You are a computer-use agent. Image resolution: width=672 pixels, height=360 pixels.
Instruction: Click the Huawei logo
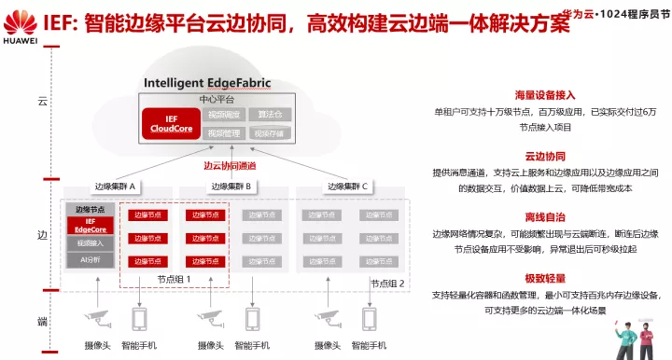click(x=21, y=21)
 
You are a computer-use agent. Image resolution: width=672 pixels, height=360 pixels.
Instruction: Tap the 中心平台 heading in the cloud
click(x=216, y=98)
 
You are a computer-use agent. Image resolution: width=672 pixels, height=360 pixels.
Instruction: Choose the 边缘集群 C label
click(x=347, y=187)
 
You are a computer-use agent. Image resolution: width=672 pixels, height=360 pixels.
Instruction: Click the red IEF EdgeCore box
click(x=90, y=226)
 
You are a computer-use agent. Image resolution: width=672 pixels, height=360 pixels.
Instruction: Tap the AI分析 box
click(x=90, y=258)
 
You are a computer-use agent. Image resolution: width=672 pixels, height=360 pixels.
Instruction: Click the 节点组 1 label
click(x=175, y=278)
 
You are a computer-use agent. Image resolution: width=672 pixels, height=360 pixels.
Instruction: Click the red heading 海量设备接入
click(x=544, y=94)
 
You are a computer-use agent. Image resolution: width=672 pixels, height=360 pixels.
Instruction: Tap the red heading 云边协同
click(x=544, y=156)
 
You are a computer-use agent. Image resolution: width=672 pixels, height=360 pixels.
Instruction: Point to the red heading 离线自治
click(x=544, y=216)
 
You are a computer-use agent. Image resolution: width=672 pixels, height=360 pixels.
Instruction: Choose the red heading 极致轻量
click(x=544, y=277)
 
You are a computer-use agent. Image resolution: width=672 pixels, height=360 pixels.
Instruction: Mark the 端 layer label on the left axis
click(x=41, y=321)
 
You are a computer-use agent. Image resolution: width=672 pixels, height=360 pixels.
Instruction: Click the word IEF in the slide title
click(x=70, y=22)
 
